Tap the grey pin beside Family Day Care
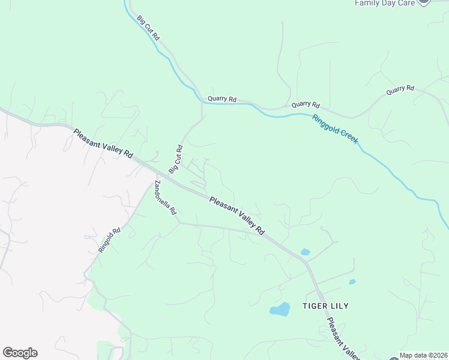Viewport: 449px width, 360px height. pyautogui.click(x=424, y=2)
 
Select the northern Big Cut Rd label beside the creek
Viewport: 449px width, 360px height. pyautogui.click(x=148, y=28)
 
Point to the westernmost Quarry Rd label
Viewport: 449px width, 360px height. pyautogui.click(x=222, y=99)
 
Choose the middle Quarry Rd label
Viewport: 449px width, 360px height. pyautogui.click(x=306, y=104)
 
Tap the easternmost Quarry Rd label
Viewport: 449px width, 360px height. pyautogui.click(x=400, y=89)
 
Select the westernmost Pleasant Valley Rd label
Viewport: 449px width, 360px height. pyautogui.click(x=103, y=143)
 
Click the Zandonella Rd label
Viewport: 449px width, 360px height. pyautogui.click(x=165, y=197)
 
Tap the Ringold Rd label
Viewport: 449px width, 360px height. pyautogui.click(x=110, y=239)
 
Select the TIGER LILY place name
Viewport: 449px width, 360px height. pyautogui.click(x=325, y=306)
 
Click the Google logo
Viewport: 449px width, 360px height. pyautogui.click(x=20, y=353)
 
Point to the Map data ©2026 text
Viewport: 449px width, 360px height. pyautogui.click(x=423, y=355)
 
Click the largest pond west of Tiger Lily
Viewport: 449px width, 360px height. pyautogui.click(x=279, y=310)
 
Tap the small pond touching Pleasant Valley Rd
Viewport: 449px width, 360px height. pyautogui.click(x=305, y=252)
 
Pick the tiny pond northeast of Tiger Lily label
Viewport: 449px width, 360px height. pyautogui.click(x=352, y=281)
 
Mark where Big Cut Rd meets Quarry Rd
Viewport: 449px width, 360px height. pyautogui.click(x=202, y=103)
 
